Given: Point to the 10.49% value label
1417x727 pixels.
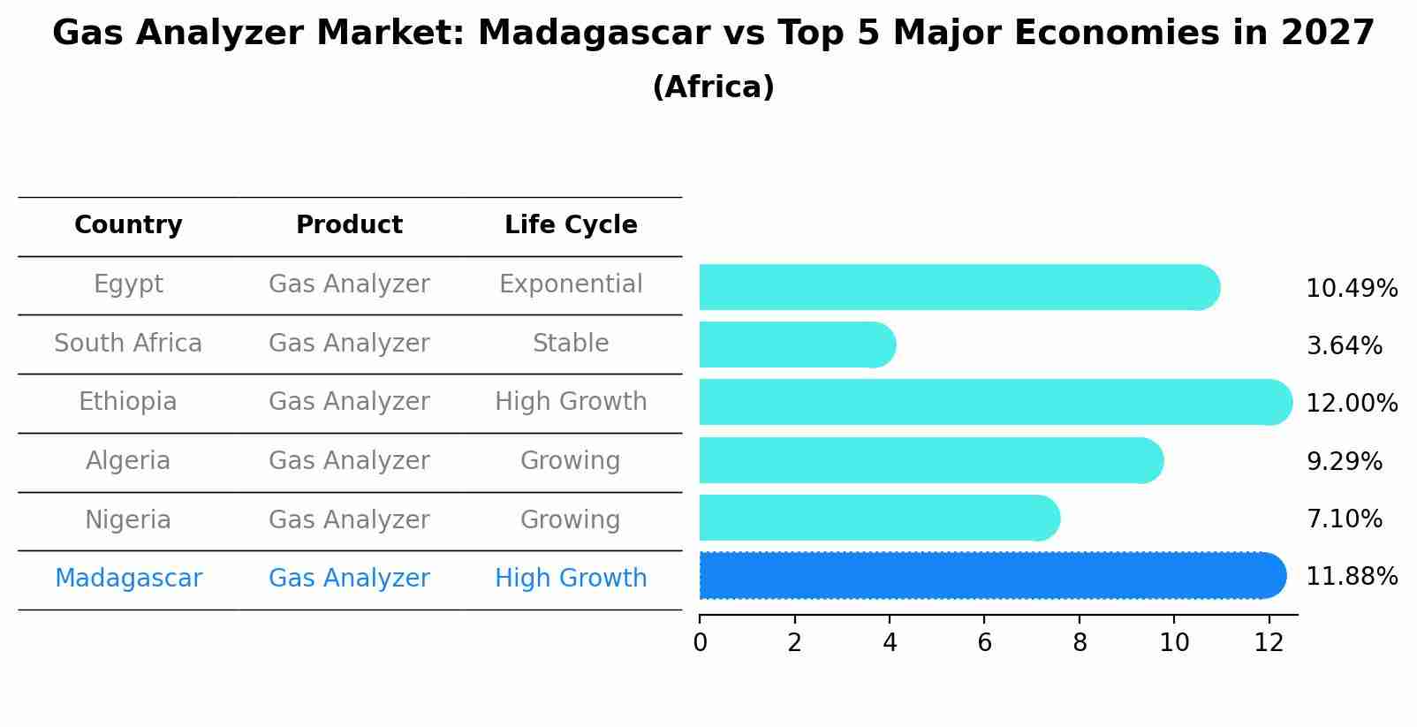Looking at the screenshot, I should click(x=1351, y=289).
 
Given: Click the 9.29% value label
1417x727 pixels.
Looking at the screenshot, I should click(x=1344, y=461).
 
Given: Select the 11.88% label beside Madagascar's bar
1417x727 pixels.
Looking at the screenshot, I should click(x=1351, y=577).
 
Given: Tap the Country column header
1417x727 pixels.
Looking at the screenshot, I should click(x=128, y=225).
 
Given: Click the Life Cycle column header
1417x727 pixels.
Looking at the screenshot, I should click(x=571, y=225).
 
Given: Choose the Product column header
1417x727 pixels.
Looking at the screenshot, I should click(x=349, y=225).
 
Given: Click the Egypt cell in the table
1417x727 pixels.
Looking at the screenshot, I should click(x=128, y=284).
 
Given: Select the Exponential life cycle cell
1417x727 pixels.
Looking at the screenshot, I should click(x=571, y=284).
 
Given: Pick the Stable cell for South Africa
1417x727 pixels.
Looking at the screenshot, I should click(x=571, y=344).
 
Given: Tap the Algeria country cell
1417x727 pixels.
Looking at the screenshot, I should click(x=128, y=461).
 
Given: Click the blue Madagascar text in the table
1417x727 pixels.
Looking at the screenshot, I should click(x=128, y=579).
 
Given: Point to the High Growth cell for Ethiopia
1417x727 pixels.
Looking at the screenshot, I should click(x=571, y=402).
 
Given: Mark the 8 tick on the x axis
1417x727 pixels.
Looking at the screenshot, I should click(x=1080, y=643).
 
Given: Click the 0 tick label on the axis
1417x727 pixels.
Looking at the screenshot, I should click(x=700, y=643).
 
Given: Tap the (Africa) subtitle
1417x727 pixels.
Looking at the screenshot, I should click(x=713, y=87).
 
